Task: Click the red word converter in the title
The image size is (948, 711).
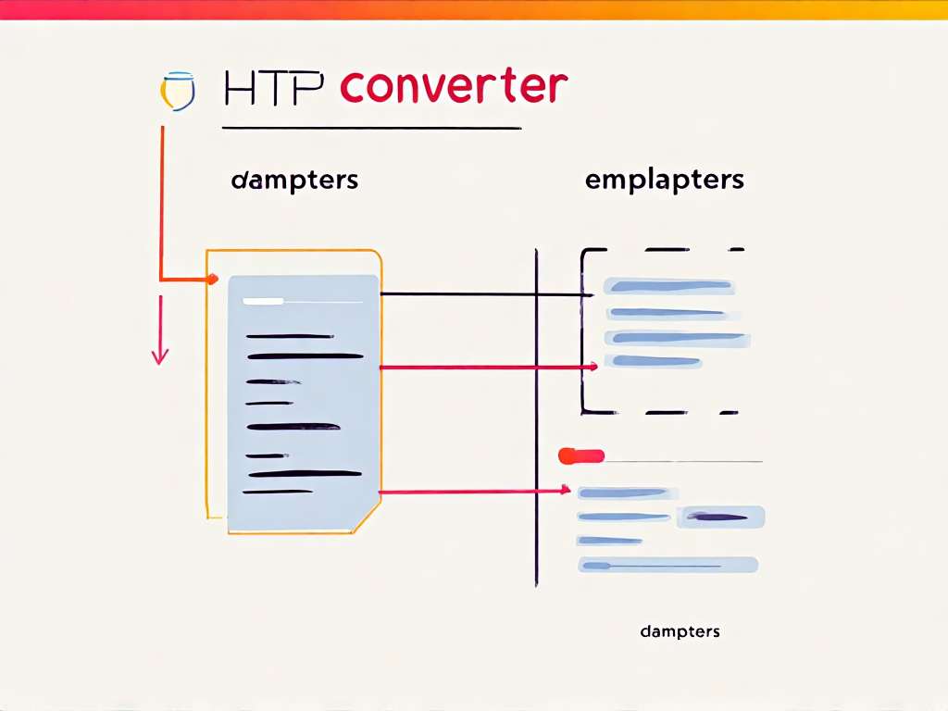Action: pyautogui.click(x=453, y=88)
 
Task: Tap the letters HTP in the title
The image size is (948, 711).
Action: pyautogui.click(x=274, y=90)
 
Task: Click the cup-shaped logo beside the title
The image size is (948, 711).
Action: pyautogui.click(x=179, y=91)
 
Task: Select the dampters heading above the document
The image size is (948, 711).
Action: pyautogui.click(x=294, y=180)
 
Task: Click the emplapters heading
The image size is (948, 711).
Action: pyautogui.click(x=664, y=180)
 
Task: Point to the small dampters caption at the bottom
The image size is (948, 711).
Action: pyautogui.click(x=680, y=631)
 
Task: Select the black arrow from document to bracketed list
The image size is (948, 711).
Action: pyautogui.click(x=481, y=294)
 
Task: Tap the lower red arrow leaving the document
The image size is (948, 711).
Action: pyautogui.click(x=472, y=492)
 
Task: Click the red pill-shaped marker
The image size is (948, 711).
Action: pyautogui.click(x=581, y=455)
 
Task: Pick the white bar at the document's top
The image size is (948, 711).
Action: pyautogui.click(x=263, y=301)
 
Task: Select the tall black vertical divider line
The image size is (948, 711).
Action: pyautogui.click(x=536, y=417)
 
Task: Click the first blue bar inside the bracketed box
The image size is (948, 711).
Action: pyautogui.click(x=668, y=286)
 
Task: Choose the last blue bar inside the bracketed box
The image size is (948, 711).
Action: pyautogui.click(x=653, y=361)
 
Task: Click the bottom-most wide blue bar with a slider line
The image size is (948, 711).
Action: pyautogui.click(x=667, y=565)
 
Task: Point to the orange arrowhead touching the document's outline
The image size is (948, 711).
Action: pyautogui.click(x=211, y=278)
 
